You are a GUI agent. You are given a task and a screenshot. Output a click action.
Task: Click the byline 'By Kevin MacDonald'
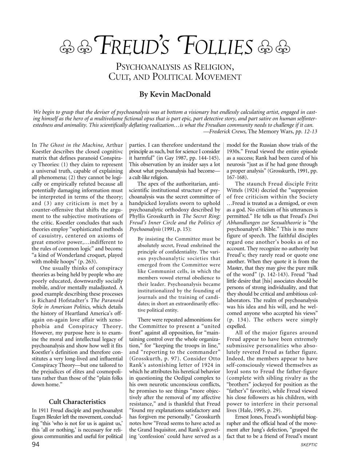[x=175, y=94]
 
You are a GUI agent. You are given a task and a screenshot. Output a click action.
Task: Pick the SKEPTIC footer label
[x=309, y=445]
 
